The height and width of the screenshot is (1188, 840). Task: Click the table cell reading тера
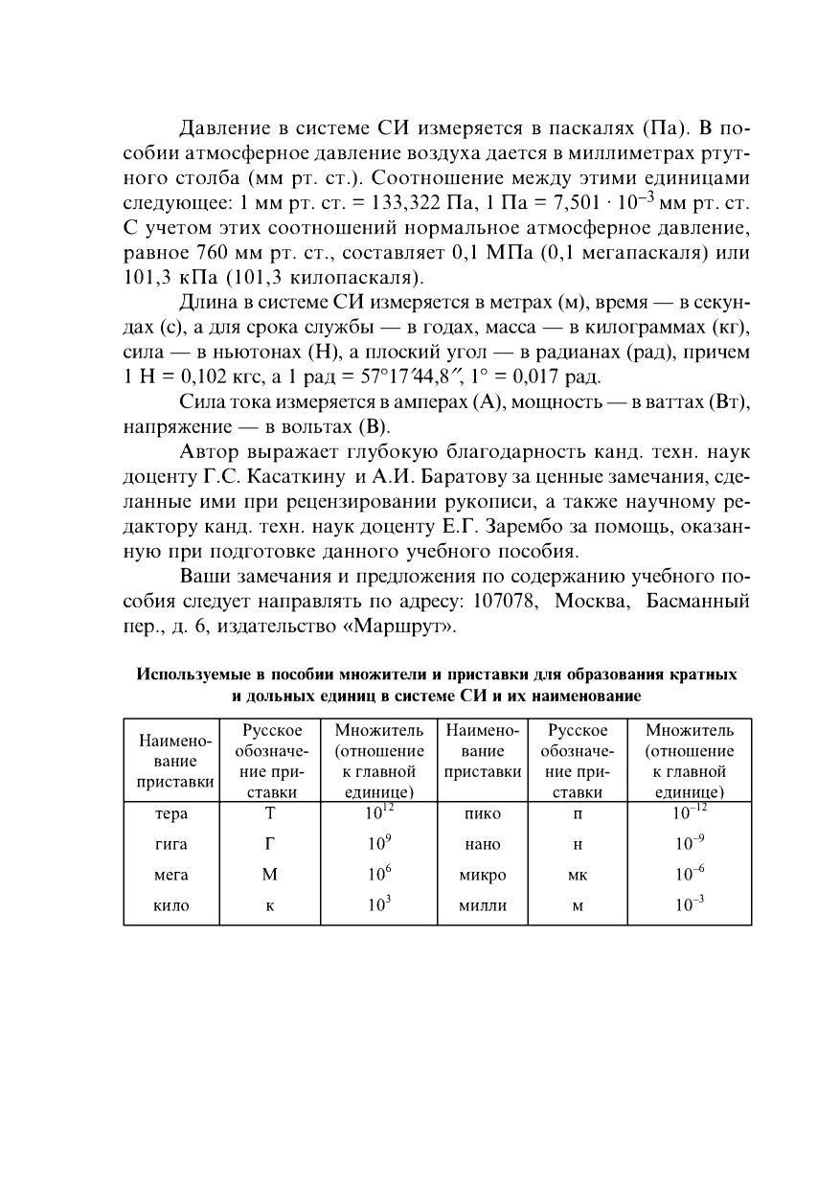coord(171,814)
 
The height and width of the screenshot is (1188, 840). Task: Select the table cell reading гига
coord(171,845)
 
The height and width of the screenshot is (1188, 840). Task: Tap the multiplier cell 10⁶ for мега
coord(378,875)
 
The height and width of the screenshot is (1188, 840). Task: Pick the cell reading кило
coord(171,905)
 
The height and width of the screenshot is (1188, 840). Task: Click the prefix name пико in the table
coord(482,814)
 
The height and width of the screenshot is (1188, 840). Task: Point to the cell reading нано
coord(482,845)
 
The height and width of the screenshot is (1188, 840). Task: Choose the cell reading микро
coord(482,875)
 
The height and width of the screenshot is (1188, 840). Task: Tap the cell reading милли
coord(482,905)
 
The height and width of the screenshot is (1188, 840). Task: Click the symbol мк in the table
coord(578,875)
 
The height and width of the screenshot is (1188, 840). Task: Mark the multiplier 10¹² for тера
coord(378,813)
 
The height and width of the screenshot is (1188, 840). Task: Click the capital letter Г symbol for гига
coord(270,845)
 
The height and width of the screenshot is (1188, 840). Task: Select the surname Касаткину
coord(290,476)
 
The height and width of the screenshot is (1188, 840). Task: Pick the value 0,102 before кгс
coord(201,377)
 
